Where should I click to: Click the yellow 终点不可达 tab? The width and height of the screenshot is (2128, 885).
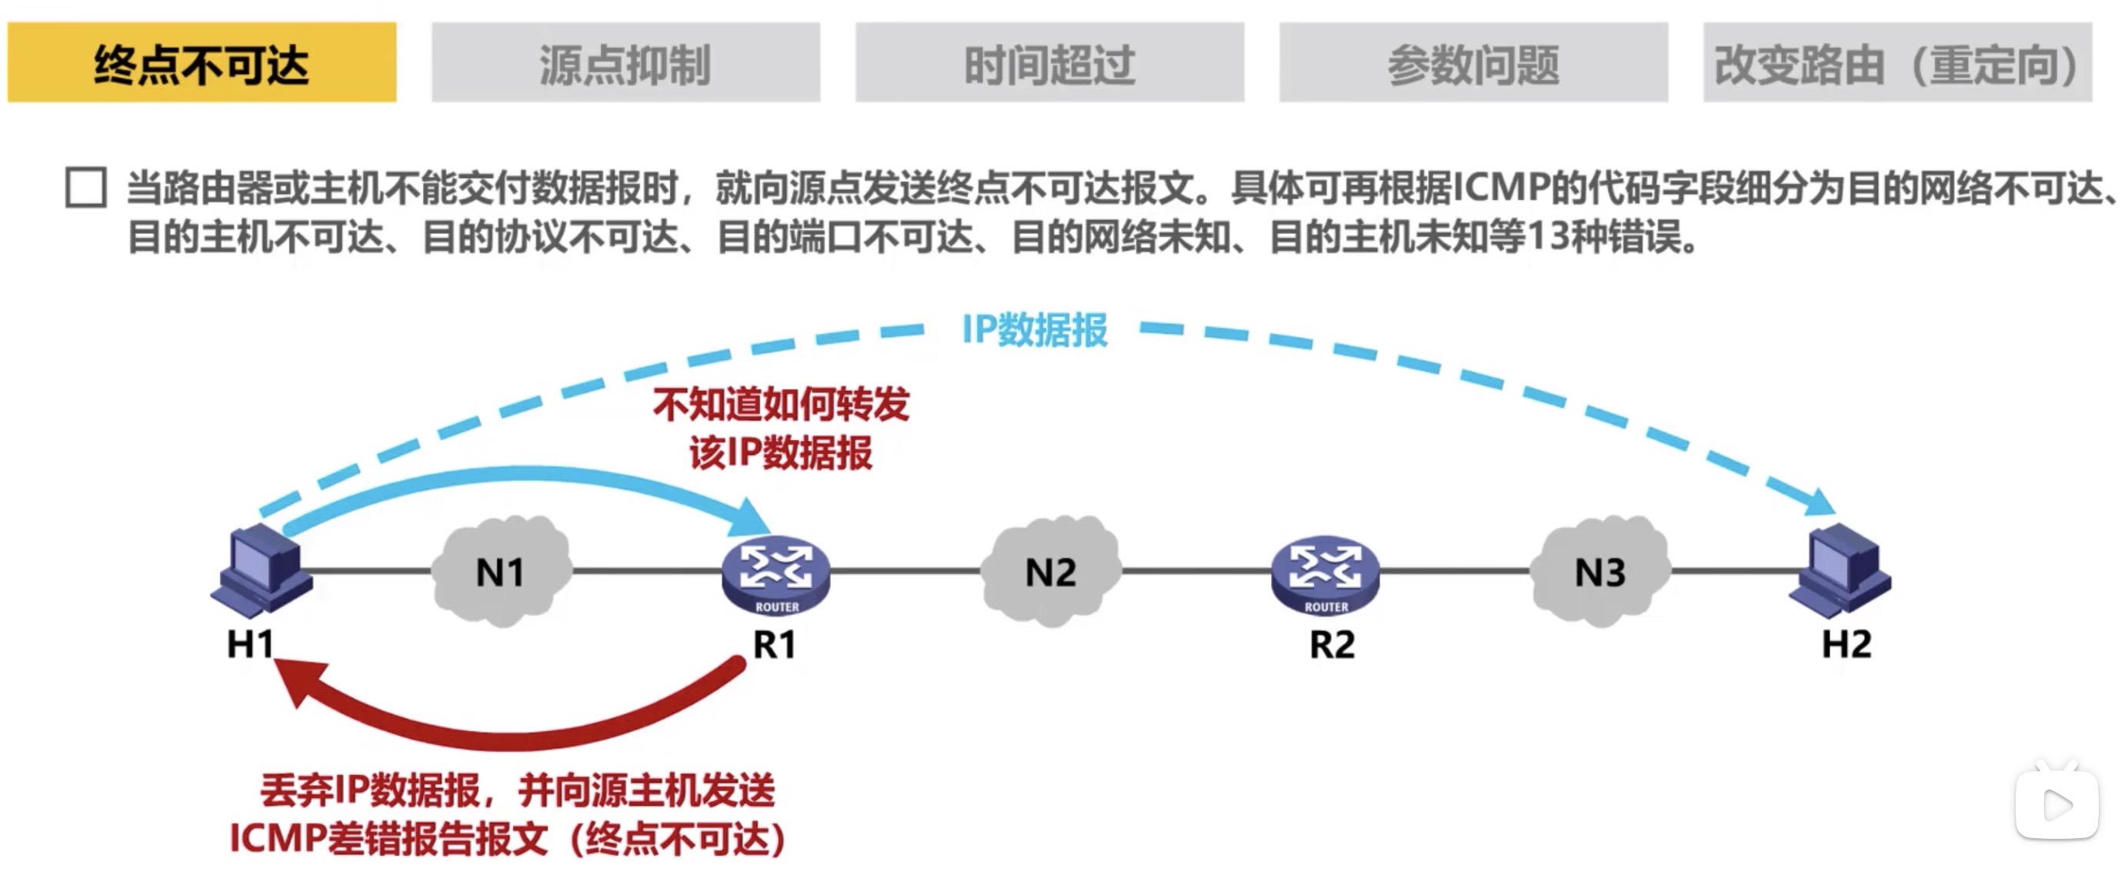(x=202, y=63)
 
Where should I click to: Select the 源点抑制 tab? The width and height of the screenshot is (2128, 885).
(x=625, y=63)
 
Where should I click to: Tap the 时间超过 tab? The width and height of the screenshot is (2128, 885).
(x=1049, y=63)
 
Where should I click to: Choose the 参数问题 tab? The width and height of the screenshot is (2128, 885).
(x=1473, y=63)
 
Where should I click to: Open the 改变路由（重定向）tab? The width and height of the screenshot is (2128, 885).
(x=1896, y=63)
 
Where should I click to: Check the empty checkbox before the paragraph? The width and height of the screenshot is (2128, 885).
(x=86, y=188)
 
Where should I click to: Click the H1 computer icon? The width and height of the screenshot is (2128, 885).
(x=261, y=569)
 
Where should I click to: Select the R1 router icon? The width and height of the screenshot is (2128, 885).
(x=775, y=573)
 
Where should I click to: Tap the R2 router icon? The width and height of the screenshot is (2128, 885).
(x=1324, y=573)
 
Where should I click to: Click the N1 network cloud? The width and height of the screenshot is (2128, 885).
(x=501, y=571)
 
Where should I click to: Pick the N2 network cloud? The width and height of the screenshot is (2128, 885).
(x=1050, y=571)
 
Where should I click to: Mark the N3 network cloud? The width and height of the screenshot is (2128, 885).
(x=1599, y=571)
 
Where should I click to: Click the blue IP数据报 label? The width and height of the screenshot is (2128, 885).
(x=1034, y=329)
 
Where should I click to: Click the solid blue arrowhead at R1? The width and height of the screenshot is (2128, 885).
(x=751, y=518)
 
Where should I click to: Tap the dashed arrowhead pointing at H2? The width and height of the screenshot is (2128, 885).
(x=1818, y=502)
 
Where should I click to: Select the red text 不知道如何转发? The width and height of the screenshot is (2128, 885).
(x=781, y=405)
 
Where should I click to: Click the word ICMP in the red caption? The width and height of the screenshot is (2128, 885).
(x=277, y=839)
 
